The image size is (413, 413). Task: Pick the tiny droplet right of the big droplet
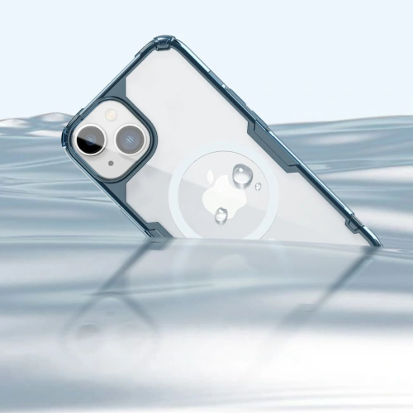[259, 187]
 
